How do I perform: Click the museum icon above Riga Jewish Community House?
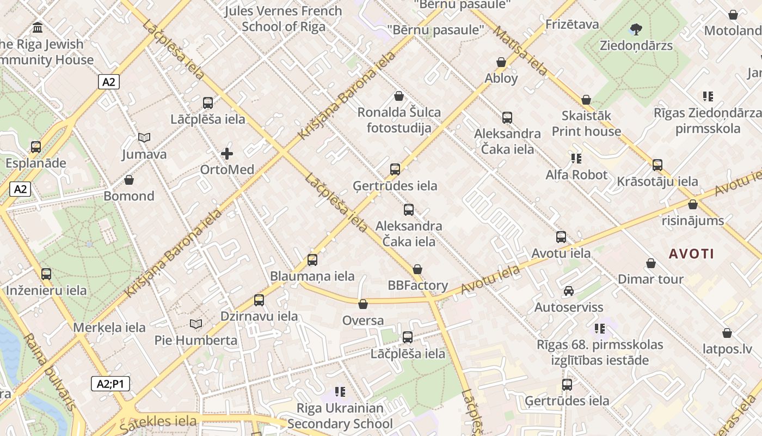pyautogui.click(x=38, y=27)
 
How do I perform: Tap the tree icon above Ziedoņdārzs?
pyautogui.click(x=636, y=29)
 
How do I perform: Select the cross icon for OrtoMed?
pyautogui.click(x=227, y=154)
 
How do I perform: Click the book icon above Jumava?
pyautogui.click(x=144, y=138)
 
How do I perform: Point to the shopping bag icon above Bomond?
pyautogui.click(x=129, y=180)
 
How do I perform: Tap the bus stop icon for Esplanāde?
pyautogui.click(x=36, y=147)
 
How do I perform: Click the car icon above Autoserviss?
pyautogui.click(x=568, y=291)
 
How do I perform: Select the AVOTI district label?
pyautogui.click(x=691, y=253)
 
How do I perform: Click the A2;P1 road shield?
pyautogui.click(x=110, y=384)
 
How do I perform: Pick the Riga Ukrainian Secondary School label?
pyautogui.click(x=340, y=416)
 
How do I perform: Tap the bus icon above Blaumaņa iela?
pyautogui.click(x=312, y=260)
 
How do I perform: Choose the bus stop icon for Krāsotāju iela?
pyautogui.click(x=657, y=165)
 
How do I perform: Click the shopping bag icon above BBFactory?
pyautogui.click(x=417, y=269)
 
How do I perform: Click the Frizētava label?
pyautogui.click(x=572, y=25)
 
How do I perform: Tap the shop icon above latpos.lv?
pyautogui.click(x=727, y=333)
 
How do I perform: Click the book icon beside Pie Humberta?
pyautogui.click(x=196, y=324)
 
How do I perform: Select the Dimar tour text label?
pyautogui.click(x=650, y=279)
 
